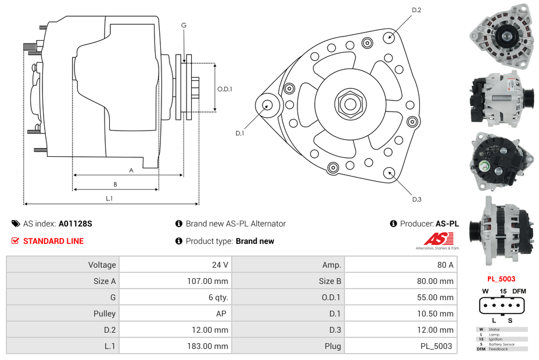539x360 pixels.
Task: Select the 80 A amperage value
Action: click(x=445, y=265)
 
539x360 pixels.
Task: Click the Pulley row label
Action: click(x=105, y=314)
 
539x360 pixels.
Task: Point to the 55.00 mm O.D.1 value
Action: click(x=437, y=297)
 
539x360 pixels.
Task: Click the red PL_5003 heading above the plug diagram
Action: click(x=501, y=279)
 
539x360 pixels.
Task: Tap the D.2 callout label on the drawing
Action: click(x=416, y=10)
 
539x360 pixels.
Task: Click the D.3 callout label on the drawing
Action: click(x=416, y=199)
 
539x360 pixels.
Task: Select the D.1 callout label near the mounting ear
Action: click(x=239, y=134)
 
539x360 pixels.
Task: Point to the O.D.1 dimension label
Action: click(x=225, y=89)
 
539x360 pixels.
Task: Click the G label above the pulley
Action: click(x=184, y=25)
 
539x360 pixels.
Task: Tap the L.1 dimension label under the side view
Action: click(x=109, y=199)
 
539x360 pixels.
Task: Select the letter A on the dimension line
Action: click(x=131, y=170)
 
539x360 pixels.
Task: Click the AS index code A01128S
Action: click(x=75, y=224)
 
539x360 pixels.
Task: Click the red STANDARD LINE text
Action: click(x=53, y=241)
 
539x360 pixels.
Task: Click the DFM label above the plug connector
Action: click(x=519, y=291)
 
